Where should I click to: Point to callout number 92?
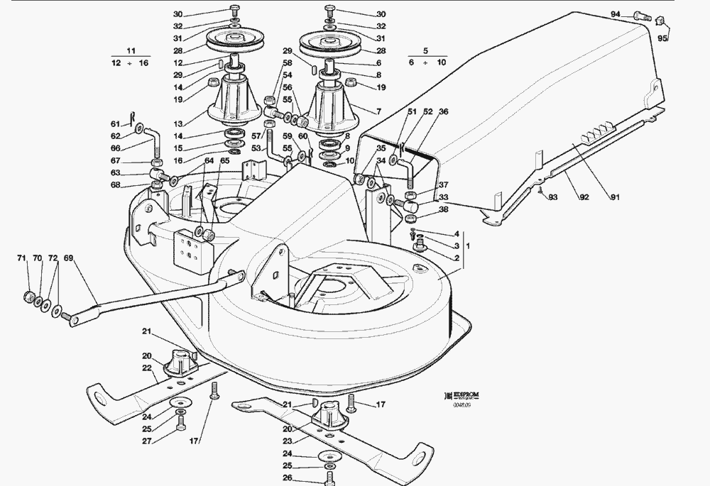[x=584, y=198]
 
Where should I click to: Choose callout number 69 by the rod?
[x=68, y=258]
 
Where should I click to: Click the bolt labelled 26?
[x=330, y=479]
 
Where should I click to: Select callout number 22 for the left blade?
[x=148, y=367]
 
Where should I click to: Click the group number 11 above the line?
[x=130, y=51]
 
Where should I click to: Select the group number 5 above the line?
[x=425, y=51]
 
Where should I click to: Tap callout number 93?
[x=553, y=197]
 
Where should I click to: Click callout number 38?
[x=444, y=210]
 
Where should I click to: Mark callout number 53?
[x=256, y=150]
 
